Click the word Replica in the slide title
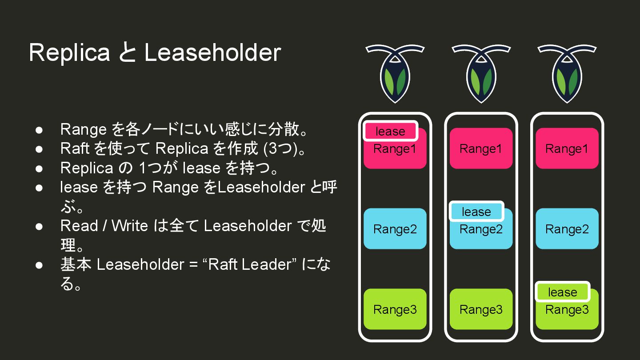[x=69, y=52]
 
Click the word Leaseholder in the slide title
[x=212, y=52]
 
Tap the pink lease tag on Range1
[x=390, y=131]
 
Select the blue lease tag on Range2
[x=476, y=212]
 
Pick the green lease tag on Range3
[x=562, y=292]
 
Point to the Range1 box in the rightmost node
[x=567, y=148]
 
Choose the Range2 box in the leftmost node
[x=395, y=229]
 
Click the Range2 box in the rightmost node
[x=567, y=229]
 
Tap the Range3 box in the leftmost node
[x=395, y=309]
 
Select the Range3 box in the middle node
[x=481, y=309]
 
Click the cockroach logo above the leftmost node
[x=395, y=73]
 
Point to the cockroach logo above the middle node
[x=481, y=73]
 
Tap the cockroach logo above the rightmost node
[x=567, y=73]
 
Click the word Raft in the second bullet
[x=75, y=148]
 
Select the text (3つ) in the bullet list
[x=280, y=148]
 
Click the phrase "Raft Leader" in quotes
[x=249, y=264]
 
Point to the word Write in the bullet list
[x=129, y=226]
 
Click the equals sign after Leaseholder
[x=192, y=265]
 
